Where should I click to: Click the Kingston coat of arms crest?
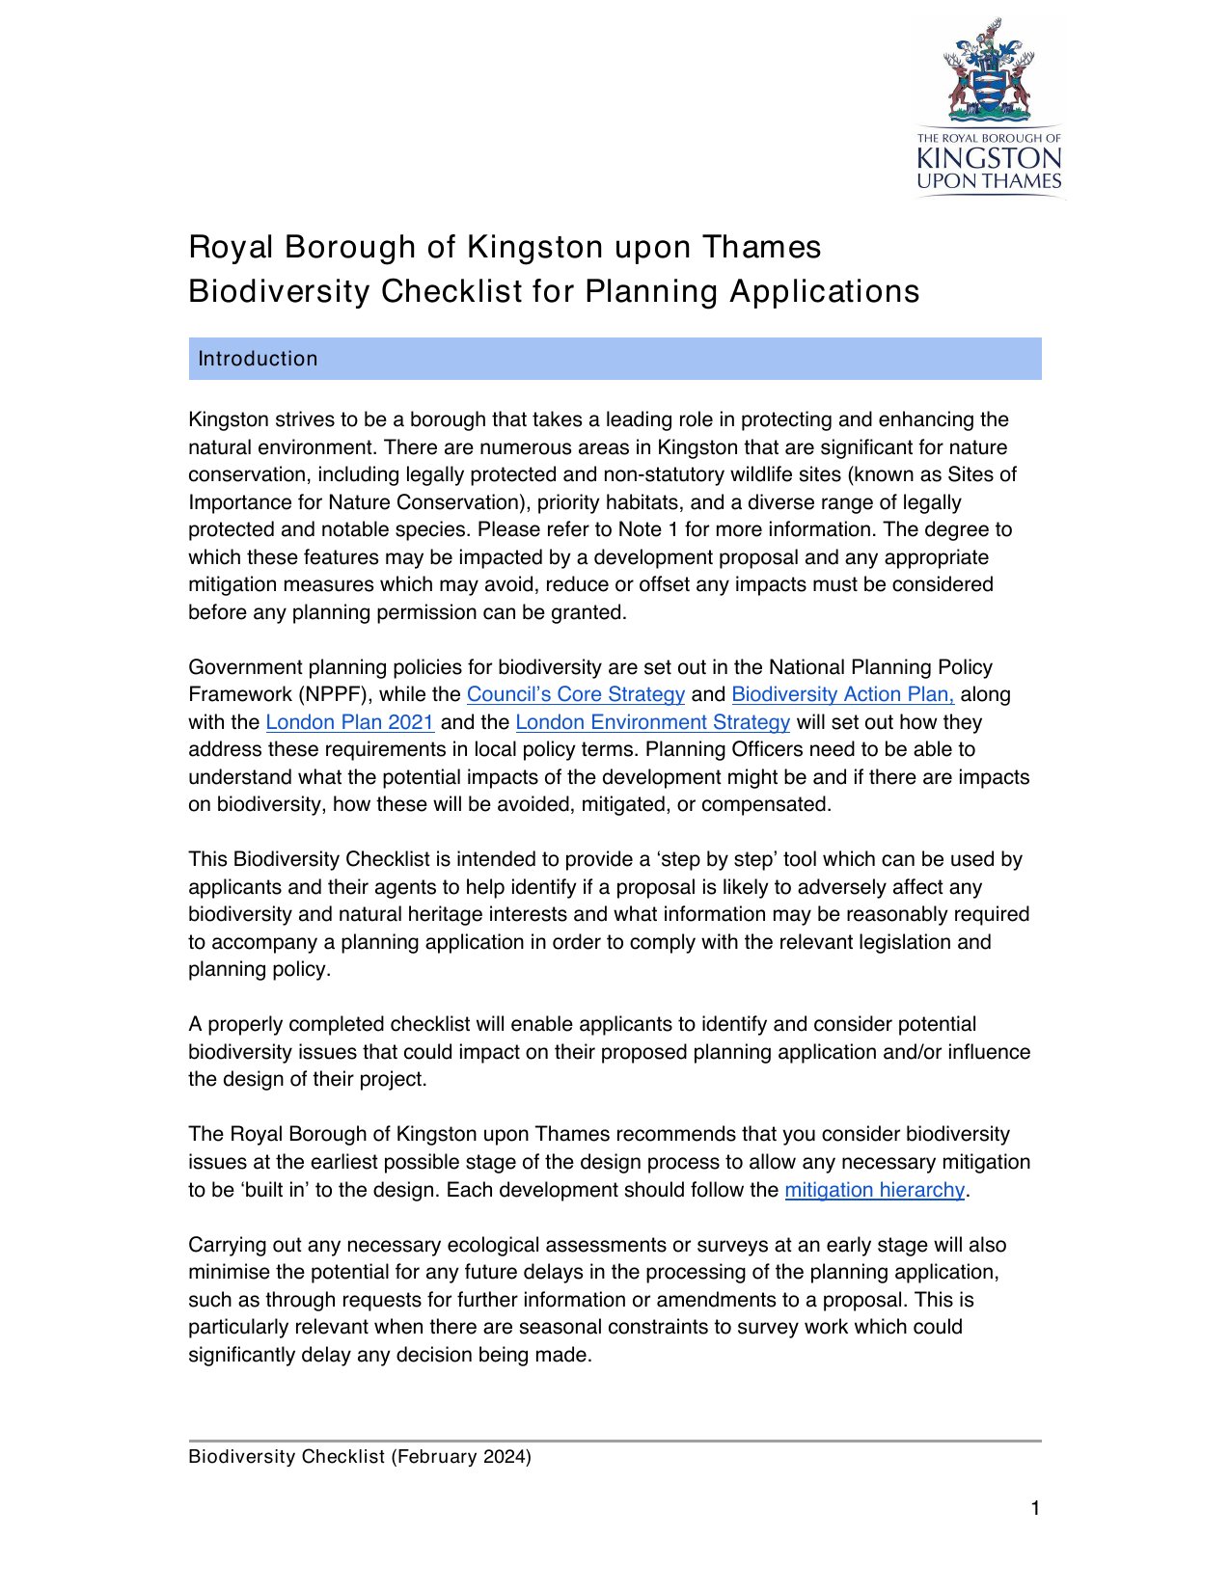(x=989, y=72)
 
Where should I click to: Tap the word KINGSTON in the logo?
(x=989, y=158)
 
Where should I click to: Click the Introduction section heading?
(x=258, y=359)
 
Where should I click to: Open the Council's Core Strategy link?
(x=575, y=694)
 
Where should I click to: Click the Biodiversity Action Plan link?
(x=842, y=694)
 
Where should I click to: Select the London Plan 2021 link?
(x=349, y=722)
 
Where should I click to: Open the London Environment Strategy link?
(x=652, y=722)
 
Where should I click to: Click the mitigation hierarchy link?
(x=874, y=1190)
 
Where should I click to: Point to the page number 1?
(x=1035, y=1509)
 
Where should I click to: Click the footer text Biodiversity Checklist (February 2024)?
(x=360, y=1457)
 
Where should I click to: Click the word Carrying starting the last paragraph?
(x=229, y=1245)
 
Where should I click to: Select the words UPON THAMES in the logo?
(x=989, y=181)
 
